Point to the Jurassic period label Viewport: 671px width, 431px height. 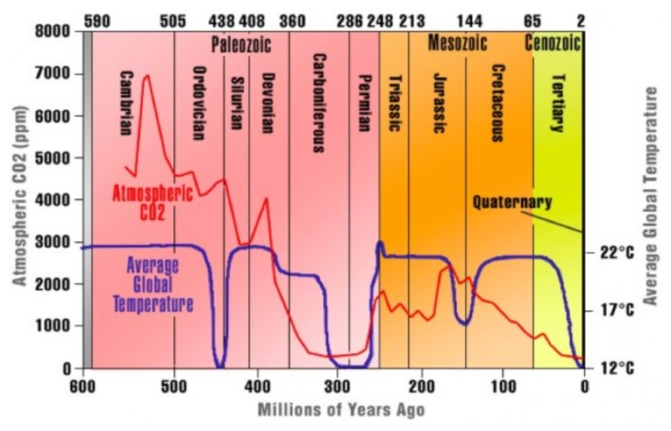point(440,103)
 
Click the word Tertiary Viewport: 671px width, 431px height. point(558,103)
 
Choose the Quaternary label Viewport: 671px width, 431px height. point(512,202)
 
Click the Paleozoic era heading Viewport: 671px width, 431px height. point(240,45)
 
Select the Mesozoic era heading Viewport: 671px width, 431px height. point(457,44)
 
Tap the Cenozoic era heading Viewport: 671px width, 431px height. point(554,44)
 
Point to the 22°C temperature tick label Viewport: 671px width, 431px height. point(618,253)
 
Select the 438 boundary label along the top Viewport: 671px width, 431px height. point(221,22)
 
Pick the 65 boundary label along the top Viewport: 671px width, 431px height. point(532,22)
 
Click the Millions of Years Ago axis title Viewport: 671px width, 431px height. point(341,411)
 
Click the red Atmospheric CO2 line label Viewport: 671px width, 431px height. point(153,203)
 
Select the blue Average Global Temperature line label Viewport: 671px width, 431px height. point(153,284)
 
